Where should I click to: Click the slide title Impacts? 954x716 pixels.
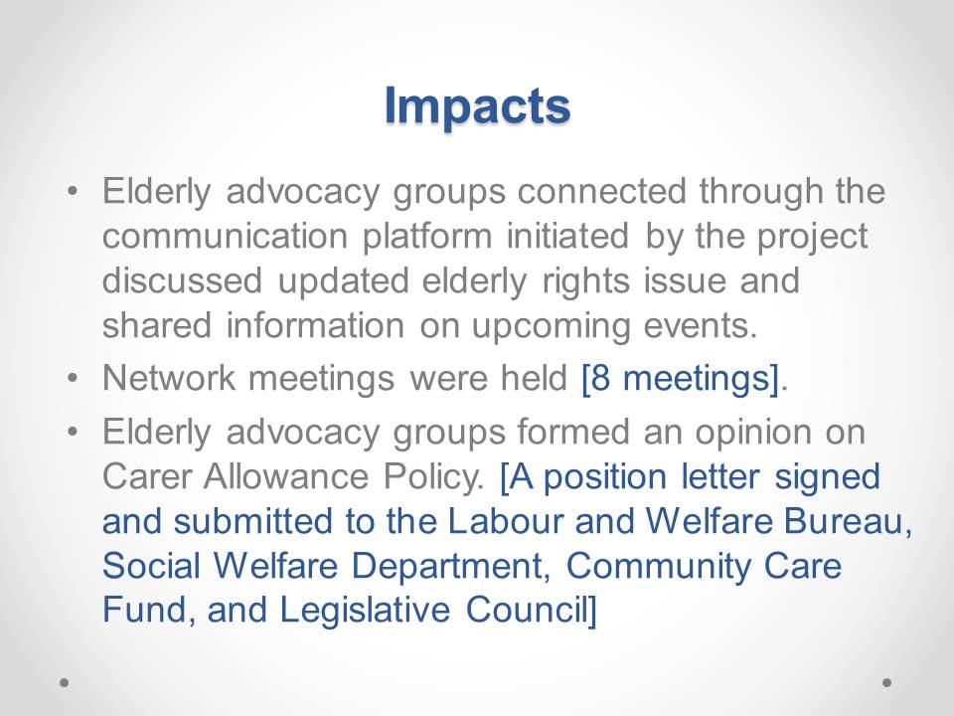(478, 106)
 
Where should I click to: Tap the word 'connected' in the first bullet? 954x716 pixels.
(602, 191)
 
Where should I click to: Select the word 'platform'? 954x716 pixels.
(427, 238)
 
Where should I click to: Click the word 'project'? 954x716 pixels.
(812, 238)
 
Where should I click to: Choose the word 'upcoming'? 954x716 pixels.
(551, 327)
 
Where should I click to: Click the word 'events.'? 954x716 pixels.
(701, 326)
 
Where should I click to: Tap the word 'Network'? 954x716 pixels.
(169, 378)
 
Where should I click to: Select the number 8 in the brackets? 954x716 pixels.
(600, 378)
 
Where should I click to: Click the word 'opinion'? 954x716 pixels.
(752, 433)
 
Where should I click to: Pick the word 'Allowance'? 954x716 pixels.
(286, 476)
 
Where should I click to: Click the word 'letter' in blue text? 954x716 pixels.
(720, 476)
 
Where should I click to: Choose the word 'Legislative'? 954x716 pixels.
(365, 611)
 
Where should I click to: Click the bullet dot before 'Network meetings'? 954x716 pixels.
(73, 378)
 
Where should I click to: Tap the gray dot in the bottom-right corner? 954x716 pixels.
(887, 682)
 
